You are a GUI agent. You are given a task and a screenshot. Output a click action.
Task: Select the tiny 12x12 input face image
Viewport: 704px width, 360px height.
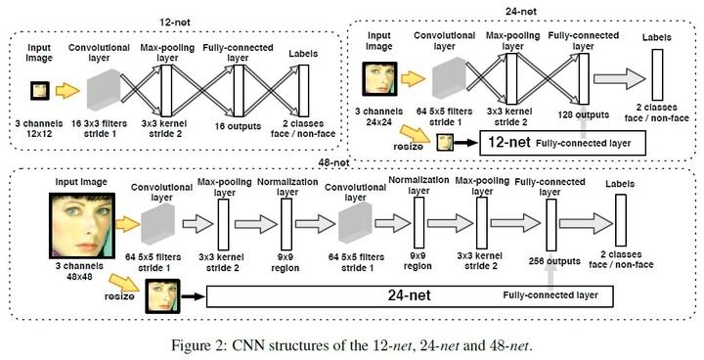39,91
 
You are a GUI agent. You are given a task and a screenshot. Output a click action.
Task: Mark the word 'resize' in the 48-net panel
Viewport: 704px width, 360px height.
120,293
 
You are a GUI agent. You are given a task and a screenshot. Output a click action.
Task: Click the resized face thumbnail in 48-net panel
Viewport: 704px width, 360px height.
165,293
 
